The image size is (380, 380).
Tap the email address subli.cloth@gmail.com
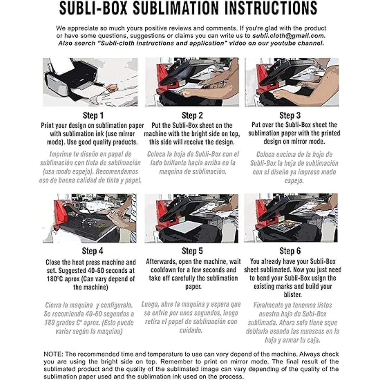289,36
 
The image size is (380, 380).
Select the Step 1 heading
93,115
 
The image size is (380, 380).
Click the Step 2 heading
192,115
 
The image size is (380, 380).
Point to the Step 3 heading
290,115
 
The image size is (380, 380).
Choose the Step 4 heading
92,251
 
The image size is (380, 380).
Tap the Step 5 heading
192,251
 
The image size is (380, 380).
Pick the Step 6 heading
290,251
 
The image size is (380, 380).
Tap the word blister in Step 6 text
293,294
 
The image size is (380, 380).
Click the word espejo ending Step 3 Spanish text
294,180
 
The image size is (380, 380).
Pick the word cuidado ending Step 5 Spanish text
191,330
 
